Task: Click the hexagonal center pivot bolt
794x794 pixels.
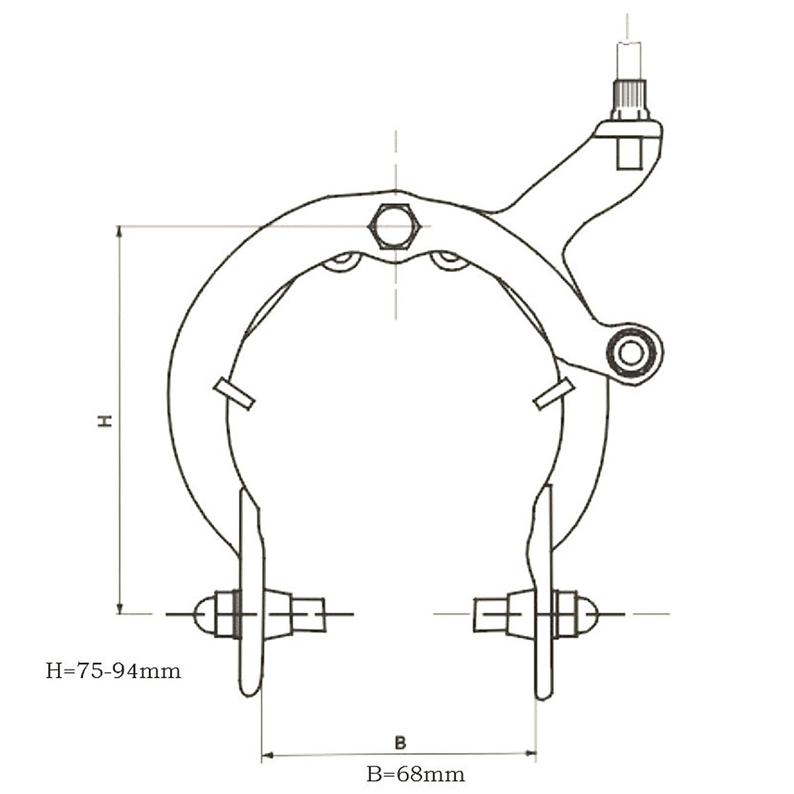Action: click(x=395, y=226)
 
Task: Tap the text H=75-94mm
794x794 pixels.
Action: click(x=113, y=671)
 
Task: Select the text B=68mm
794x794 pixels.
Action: click(x=416, y=773)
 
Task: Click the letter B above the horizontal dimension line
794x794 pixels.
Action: click(x=400, y=742)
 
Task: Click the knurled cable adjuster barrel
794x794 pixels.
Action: click(x=629, y=99)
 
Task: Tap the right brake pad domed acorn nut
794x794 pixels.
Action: click(x=587, y=613)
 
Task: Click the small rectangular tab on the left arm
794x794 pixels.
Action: click(x=234, y=394)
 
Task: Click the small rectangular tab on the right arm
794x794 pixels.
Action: click(x=554, y=394)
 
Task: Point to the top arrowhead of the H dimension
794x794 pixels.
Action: click(x=120, y=232)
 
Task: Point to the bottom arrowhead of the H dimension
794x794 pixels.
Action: click(x=120, y=608)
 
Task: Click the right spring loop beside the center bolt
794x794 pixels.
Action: click(x=449, y=261)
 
